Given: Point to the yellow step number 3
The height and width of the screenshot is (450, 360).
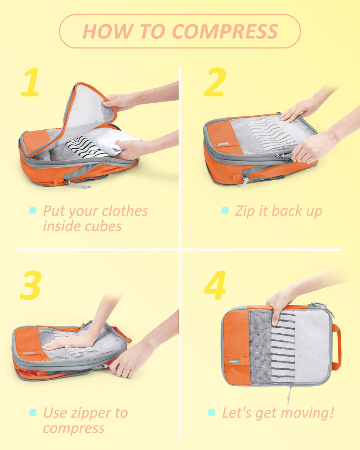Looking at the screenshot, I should point(31,285).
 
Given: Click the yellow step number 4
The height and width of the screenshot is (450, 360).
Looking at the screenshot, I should point(215,285).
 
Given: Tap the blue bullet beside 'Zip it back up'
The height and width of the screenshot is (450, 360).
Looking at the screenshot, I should point(225,211).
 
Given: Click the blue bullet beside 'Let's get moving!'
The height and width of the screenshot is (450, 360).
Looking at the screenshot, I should point(212,412).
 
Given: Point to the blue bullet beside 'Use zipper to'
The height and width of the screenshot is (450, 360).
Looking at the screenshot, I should point(33,412).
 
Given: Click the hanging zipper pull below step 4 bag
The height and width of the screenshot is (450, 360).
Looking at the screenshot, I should point(290,395).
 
